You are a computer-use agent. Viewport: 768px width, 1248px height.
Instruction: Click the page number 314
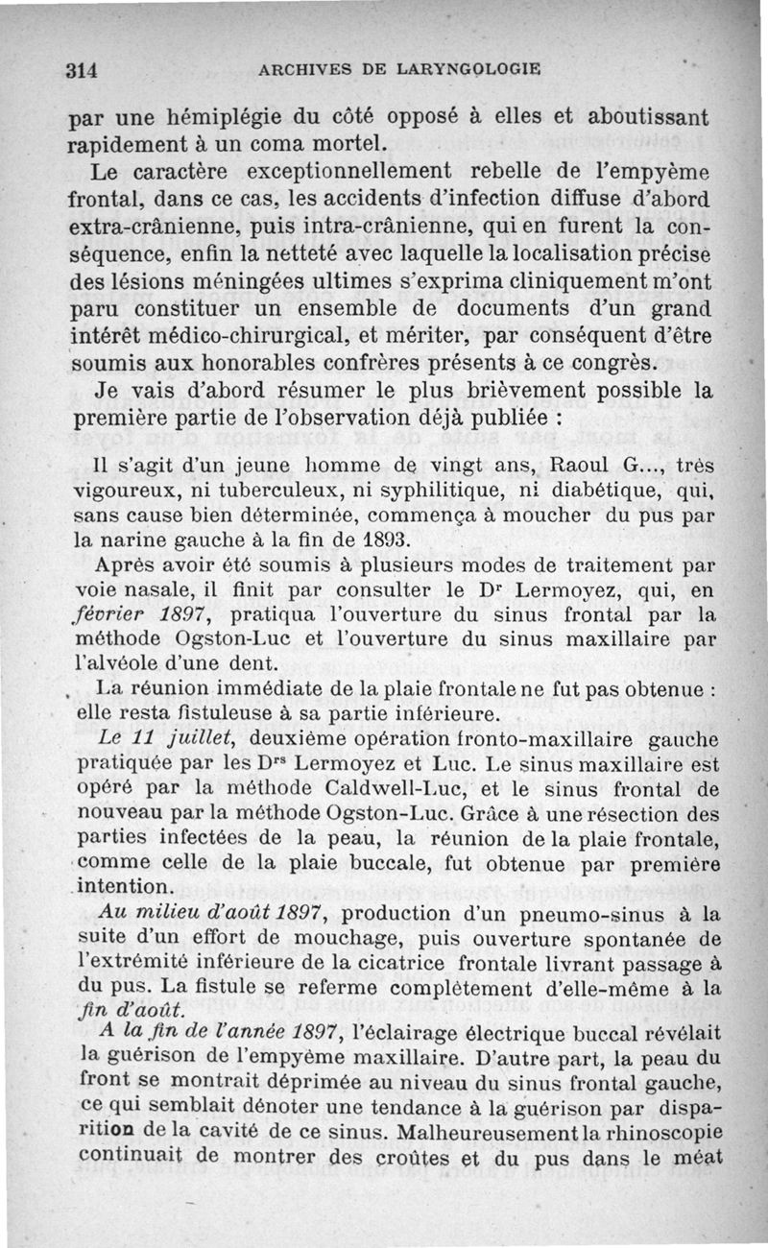click(x=84, y=69)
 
